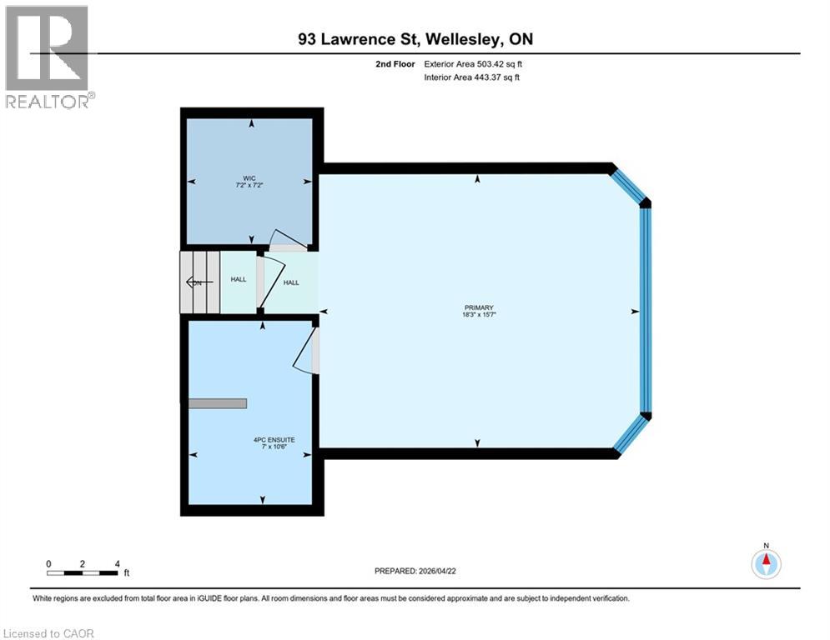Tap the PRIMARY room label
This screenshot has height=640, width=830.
click(475, 307)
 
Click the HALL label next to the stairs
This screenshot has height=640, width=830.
click(239, 280)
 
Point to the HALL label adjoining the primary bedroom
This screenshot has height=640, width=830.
click(291, 282)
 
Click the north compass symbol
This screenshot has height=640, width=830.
click(765, 563)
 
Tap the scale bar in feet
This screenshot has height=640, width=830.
click(83, 572)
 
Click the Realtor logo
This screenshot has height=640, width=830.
click(48, 57)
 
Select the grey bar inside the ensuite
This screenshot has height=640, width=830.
click(217, 403)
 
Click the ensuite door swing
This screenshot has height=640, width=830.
click(306, 350)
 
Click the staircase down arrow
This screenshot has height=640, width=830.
click(197, 283)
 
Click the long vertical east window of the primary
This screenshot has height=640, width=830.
click(645, 309)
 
